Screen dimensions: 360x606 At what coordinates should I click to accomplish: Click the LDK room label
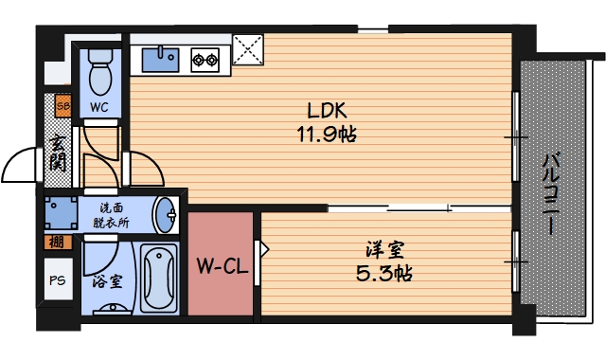(324, 109)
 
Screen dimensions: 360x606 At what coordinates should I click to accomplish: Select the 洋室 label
(385, 251)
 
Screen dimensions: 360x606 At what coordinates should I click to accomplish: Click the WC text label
(99, 107)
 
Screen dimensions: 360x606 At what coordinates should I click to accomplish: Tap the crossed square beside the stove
(249, 53)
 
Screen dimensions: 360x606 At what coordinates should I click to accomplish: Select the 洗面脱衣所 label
(111, 215)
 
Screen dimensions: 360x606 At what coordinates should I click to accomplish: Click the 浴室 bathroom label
(106, 281)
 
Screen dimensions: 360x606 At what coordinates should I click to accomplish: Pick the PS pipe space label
(57, 279)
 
